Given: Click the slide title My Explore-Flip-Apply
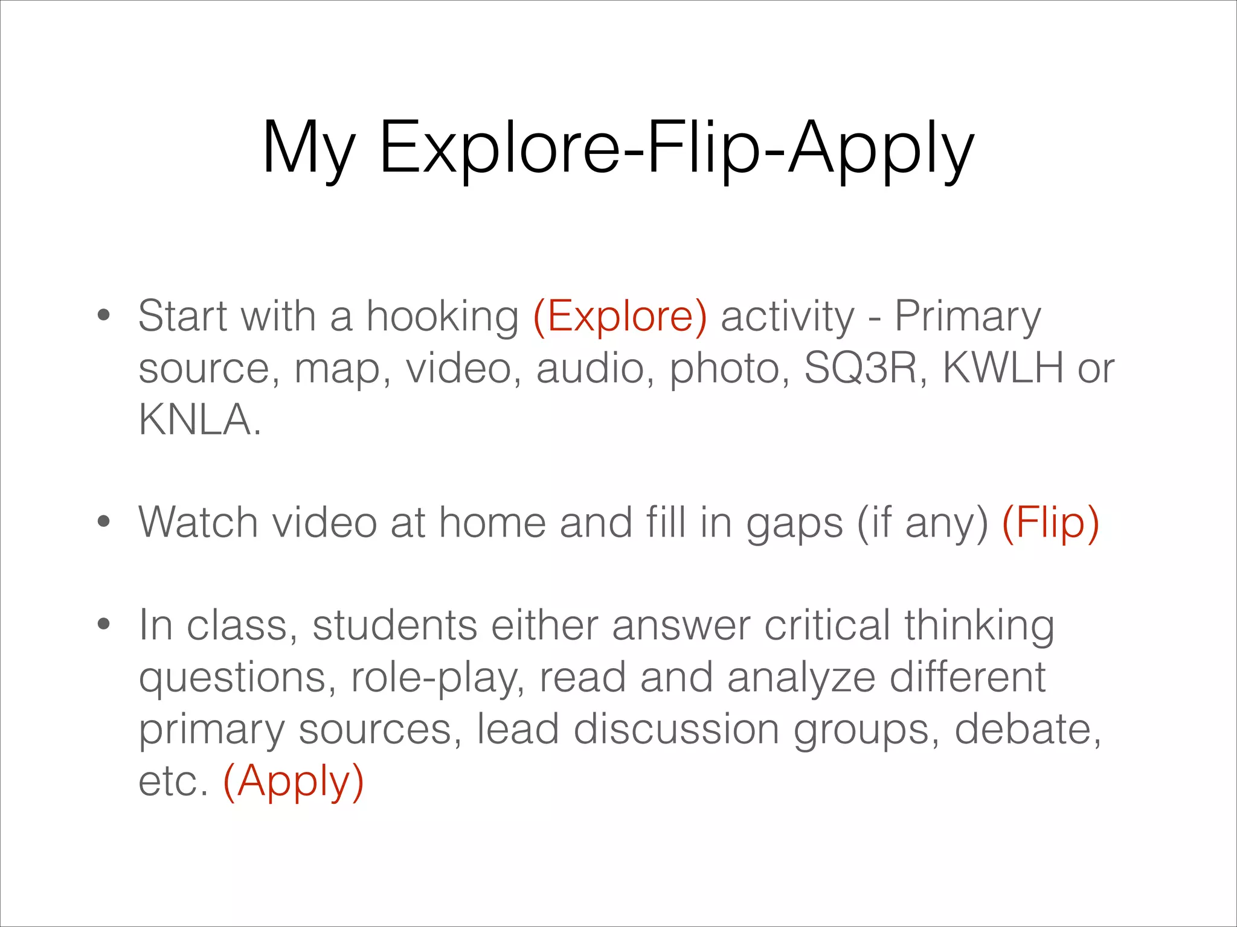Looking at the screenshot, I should pos(618,148).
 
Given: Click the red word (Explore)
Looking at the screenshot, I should pos(620,316).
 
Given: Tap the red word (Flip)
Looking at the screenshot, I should pos(1050,522).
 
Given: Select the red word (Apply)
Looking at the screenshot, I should pos(294,780).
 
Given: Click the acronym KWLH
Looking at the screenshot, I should pos(1003,368).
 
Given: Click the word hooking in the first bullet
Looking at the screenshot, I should pos(443,316).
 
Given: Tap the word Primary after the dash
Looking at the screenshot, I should pos(968,316).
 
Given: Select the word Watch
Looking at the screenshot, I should pos(198,522).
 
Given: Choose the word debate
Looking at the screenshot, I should pos(1027,729).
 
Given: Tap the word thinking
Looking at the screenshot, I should pos(979,626).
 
